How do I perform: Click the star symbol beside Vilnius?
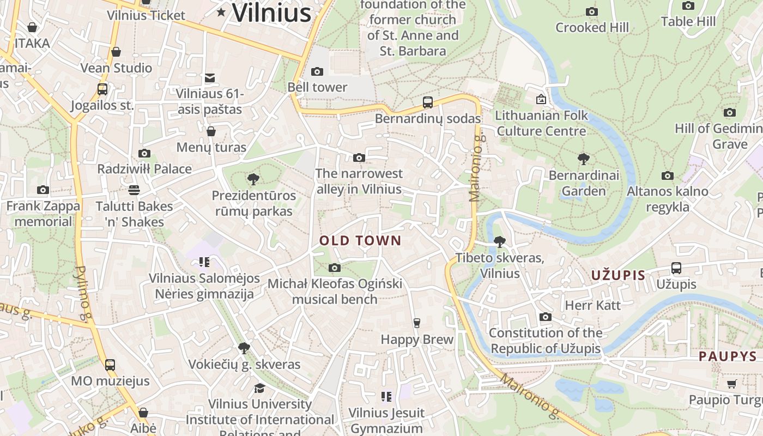pyautogui.click(x=221, y=12)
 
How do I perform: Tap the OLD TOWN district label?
pyautogui.click(x=360, y=240)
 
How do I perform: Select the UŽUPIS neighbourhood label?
pyautogui.click(x=618, y=275)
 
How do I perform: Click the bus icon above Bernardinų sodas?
pyautogui.click(x=428, y=102)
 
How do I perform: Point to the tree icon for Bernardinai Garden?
pyautogui.click(x=584, y=159)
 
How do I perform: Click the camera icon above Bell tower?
pyautogui.click(x=317, y=71)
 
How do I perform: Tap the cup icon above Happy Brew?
pyautogui.click(x=417, y=323)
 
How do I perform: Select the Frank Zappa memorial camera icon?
pyautogui.click(x=43, y=190)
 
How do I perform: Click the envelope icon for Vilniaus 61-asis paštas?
pyautogui.click(x=210, y=78)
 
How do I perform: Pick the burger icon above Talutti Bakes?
pyautogui.click(x=134, y=190)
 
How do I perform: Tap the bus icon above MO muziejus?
pyautogui.click(x=110, y=365)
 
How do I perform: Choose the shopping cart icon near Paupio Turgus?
pyautogui.click(x=731, y=384)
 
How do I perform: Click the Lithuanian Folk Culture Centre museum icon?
pyautogui.click(x=541, y=99)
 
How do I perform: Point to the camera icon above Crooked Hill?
pyautogui.click(x=591, y=11)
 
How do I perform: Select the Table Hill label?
pyautogui.click(x=688, y=22)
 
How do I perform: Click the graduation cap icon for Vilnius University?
pyautogui.click(x=259, y=388)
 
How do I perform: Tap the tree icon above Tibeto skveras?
pyautogui.click(x=499, y=241)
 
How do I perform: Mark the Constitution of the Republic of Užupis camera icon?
pyautogui.click(x=546, y=317)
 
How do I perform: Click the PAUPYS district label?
pyautogui.click(x=728, y=356)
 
